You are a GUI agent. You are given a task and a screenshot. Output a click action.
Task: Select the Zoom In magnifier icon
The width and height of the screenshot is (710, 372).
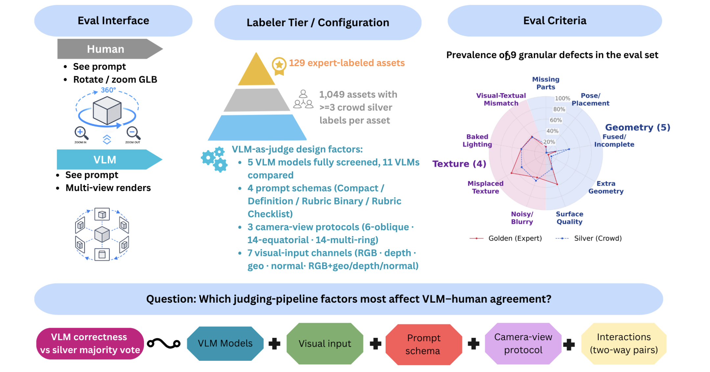click(81, 133)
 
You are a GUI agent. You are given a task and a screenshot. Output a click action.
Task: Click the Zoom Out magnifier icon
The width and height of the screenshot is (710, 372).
click(133, 133)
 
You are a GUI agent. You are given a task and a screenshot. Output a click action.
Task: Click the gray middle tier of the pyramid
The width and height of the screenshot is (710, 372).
click(257, 100)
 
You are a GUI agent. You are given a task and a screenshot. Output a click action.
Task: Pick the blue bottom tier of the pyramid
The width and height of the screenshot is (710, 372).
click(257, 128)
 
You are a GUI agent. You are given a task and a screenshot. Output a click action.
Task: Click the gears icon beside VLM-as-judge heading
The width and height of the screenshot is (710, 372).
click(214, 159)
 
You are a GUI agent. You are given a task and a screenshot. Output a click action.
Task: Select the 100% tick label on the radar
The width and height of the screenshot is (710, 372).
click(562, 98)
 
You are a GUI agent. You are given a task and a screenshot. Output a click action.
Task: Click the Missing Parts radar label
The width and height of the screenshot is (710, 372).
click(546, 83)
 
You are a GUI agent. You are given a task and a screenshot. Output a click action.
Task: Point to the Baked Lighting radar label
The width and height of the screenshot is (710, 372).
click(477, 140)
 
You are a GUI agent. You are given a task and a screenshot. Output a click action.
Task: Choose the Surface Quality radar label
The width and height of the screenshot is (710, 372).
click(569, 218)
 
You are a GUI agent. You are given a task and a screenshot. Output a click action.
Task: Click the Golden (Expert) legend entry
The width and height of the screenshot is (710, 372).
click(506, 238)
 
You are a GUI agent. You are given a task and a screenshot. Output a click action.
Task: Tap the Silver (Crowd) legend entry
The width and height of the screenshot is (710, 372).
click(588, 238)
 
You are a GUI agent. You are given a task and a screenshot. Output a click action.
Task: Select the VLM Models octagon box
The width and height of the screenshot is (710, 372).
click(225, 343)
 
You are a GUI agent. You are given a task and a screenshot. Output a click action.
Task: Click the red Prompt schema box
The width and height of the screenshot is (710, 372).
click(424, 344)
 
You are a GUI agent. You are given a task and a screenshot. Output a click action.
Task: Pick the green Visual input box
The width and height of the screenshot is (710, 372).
click(325, 343)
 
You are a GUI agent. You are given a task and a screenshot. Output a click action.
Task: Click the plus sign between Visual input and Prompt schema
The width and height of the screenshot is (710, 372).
click(375, 344)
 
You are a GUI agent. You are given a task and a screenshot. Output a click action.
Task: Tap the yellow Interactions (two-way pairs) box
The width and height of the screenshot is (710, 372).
click(624, 343)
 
